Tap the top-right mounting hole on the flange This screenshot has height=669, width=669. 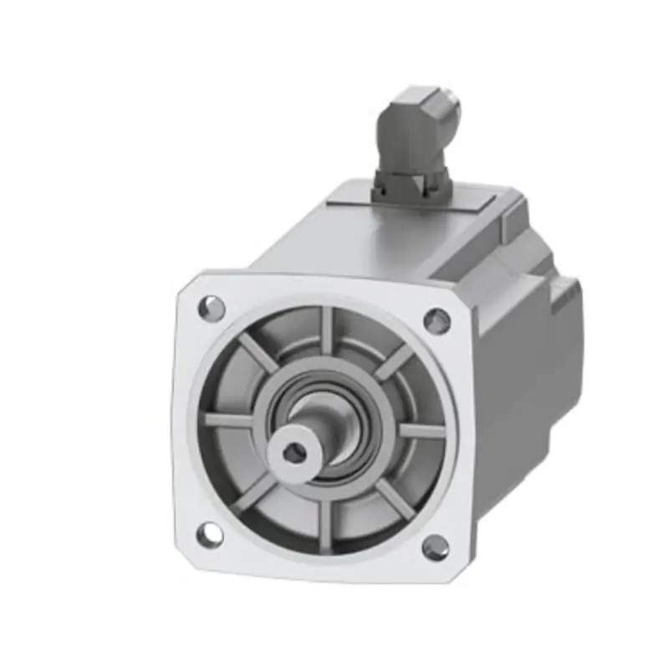pyautogui.click(x=437, y=319)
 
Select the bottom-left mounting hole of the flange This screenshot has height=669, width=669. pyautogui.click(x=209, y=534)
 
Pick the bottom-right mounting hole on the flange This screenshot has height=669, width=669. pyautogui.click(x=435, y=548)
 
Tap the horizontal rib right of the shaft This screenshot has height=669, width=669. pyautogui.click(x=418, y=431)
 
